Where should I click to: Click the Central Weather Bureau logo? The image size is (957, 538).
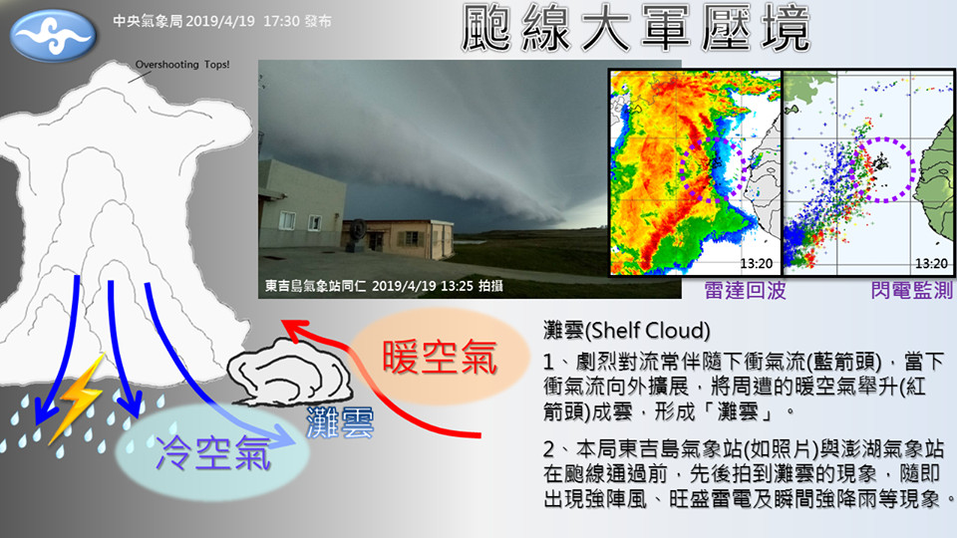[x=53, y=36]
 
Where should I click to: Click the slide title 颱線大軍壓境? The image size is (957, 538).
[x=635, y=28]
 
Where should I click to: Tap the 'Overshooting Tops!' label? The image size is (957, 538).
[x=182, y=65]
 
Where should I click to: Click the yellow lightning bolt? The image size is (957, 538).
[x=77, y=399]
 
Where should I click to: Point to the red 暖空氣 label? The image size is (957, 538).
[x=440, y=358]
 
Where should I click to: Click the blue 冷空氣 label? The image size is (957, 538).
[x=213, y=453]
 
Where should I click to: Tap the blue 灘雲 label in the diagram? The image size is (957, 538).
[x=340, y=422]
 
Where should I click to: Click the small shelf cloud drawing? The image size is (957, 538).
[x=289, y=372]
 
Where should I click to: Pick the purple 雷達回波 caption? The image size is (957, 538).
[x=746, y=290]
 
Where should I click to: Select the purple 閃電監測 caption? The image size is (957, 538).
[x=912, y=290]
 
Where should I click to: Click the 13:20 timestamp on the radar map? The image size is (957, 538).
[x=757, y=263]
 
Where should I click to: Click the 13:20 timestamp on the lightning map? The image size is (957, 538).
[x=931, y=263]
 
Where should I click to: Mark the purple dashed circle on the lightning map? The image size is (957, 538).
[x=914, y=169]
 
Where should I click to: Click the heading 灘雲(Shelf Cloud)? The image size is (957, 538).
[x=627, y=331]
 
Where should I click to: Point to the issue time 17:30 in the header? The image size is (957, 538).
[x=281, y=21]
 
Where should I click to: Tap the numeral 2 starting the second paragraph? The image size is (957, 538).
[x=549, y=450]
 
